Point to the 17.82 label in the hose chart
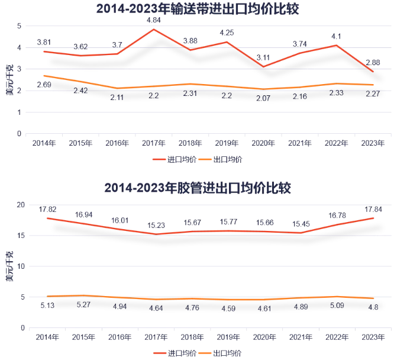click(x=47, y=210)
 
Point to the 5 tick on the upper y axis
click(x=20, y=26)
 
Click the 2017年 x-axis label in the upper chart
click(x=154, y=143)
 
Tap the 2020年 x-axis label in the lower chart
click(x=263, y=337)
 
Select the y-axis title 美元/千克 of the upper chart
click(x=9, y=82)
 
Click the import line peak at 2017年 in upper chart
click(x=154, y=30)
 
